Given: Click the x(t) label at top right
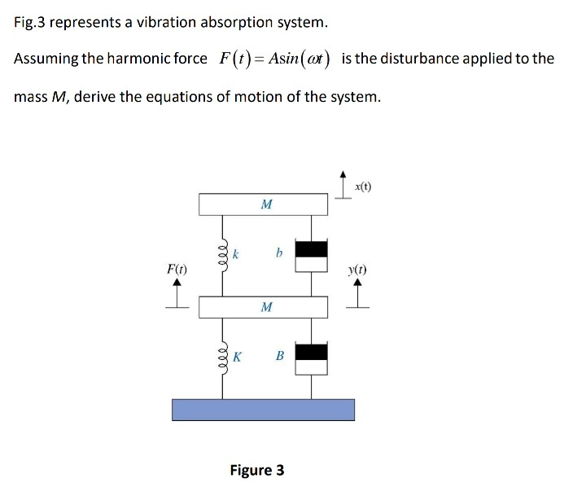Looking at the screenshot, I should (x=364, y=187).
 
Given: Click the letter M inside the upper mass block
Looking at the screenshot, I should (x=266, y=204).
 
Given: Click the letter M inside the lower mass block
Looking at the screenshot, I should (x=266, y=307).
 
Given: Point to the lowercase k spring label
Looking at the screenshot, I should (x=235, y=254).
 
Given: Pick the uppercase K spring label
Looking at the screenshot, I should (x=237, y=356).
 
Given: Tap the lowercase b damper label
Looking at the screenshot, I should (x=278, y=253).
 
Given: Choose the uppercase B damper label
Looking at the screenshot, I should (x=279, y=355).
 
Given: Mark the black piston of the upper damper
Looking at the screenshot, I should (x=311, y=249).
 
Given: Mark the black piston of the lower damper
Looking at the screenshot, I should (x=311, y=352).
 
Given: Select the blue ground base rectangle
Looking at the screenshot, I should (x=263, y=409).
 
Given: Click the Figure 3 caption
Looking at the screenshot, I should (x=257, y=470).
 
